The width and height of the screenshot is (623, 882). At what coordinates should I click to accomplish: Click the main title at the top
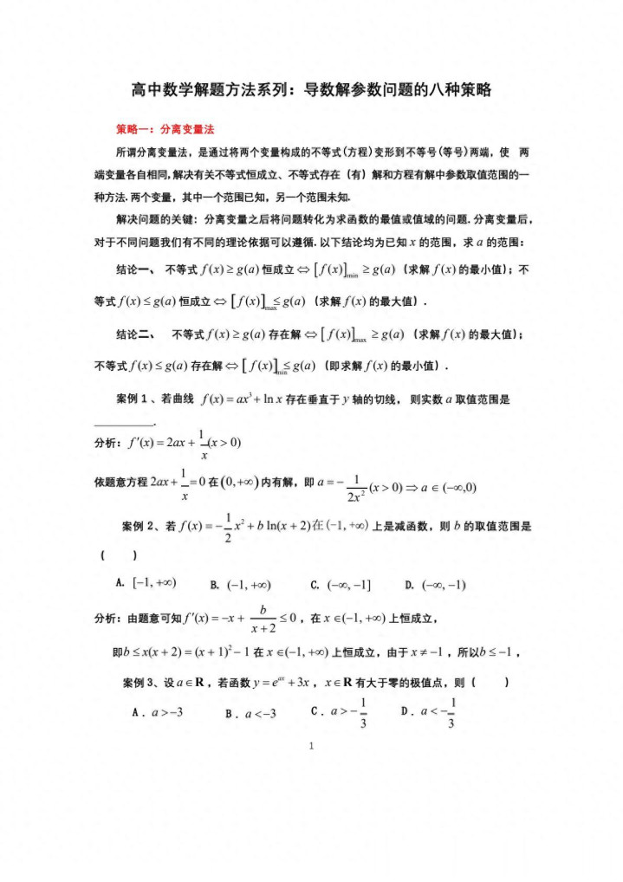(311, 89)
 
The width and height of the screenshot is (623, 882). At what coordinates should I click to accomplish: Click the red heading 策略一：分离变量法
(165, 129)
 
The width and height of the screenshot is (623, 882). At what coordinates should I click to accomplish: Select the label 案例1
(136, 399)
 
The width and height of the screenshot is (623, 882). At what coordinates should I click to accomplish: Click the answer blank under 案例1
(124, 424)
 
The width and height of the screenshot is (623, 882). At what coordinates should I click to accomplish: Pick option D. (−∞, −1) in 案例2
(435, 585)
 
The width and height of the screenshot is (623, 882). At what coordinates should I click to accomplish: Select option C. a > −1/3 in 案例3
(340, 712)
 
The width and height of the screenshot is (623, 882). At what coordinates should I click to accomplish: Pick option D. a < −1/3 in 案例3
(430, 712)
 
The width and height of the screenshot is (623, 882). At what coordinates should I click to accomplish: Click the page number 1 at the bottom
(311, 747)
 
